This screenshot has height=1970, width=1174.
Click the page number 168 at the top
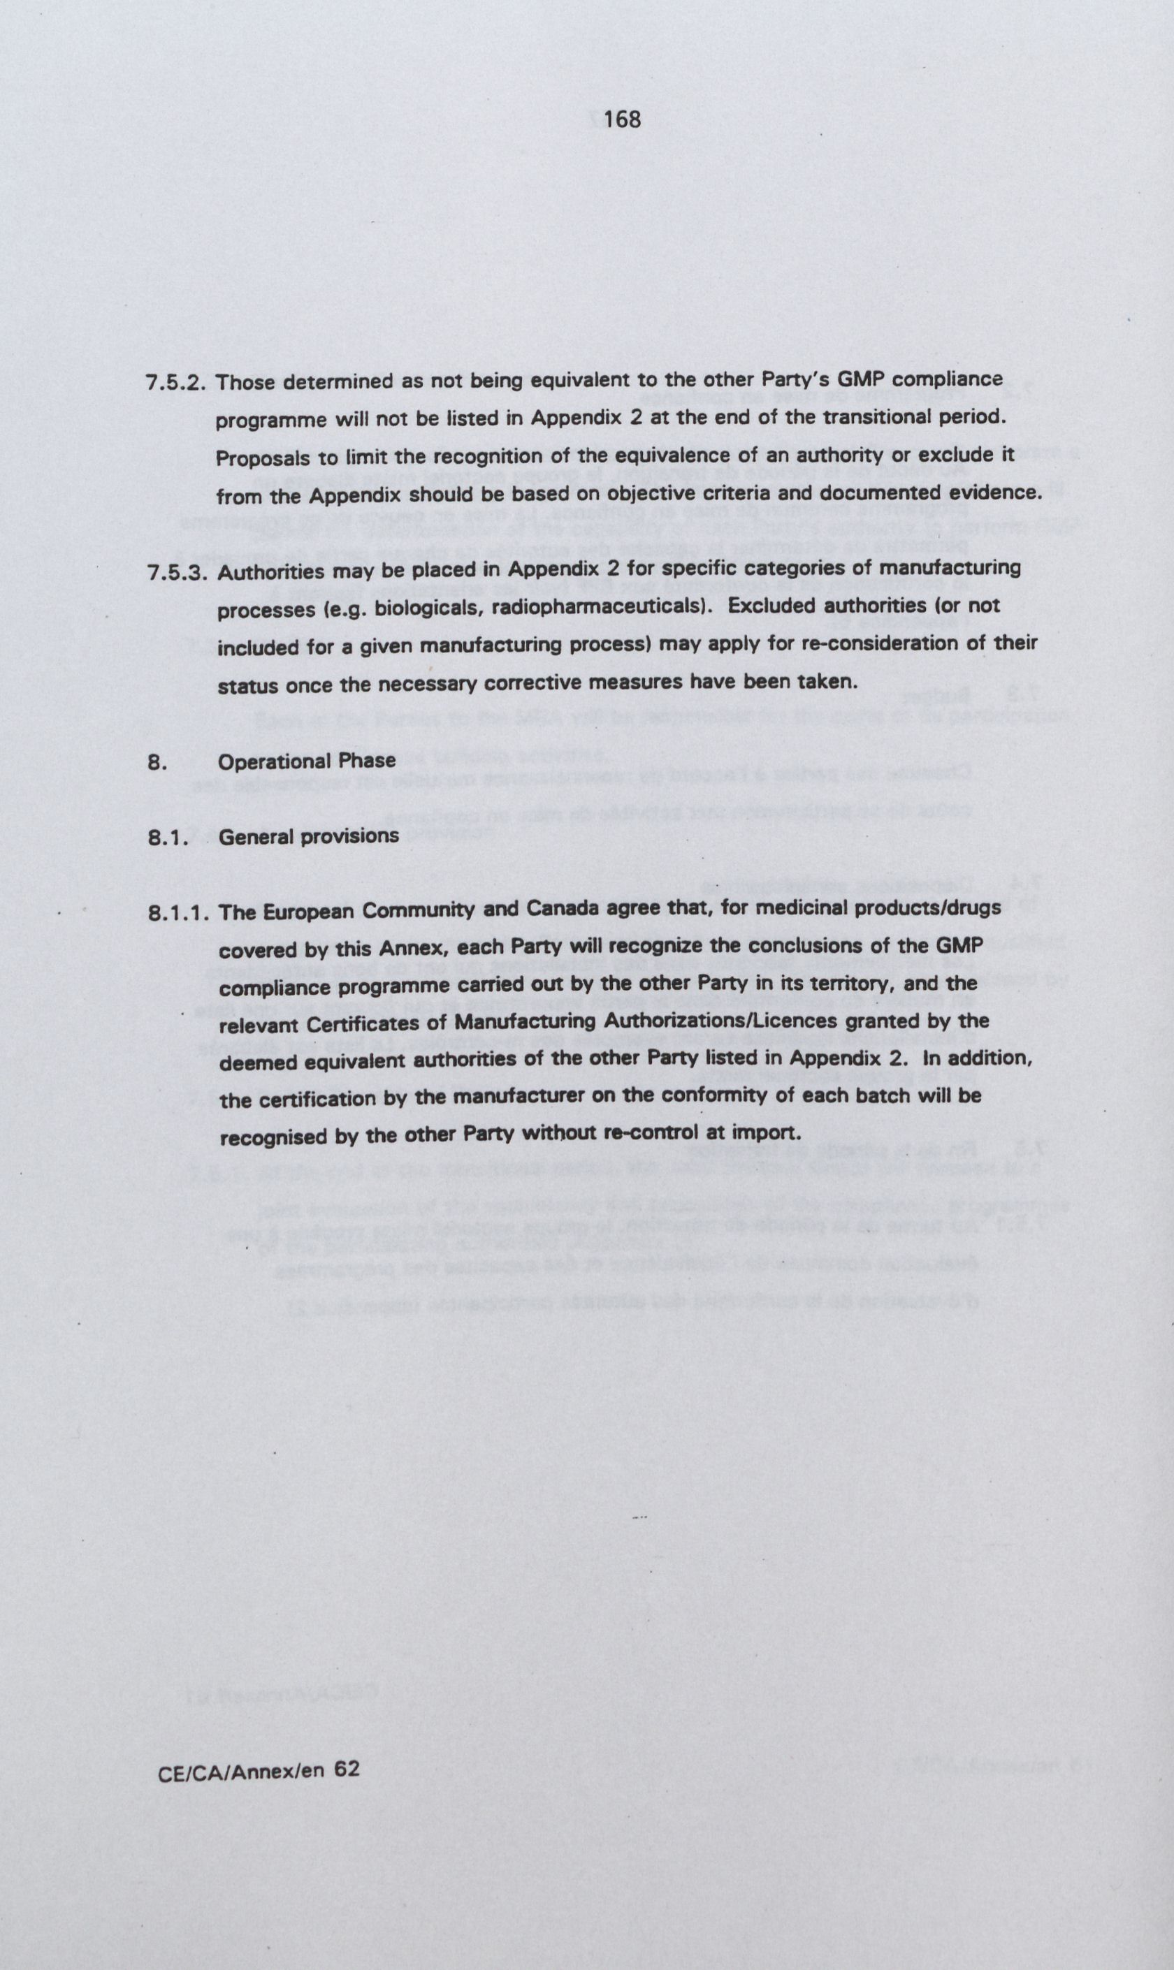point(621,120)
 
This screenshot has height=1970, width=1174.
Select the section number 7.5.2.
point(176,383)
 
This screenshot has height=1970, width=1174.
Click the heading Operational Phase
point(307,761)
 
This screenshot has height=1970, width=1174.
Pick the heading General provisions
point(309,836)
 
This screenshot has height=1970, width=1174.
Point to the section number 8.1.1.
point(178,914)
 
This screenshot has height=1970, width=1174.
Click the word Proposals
point(259,459)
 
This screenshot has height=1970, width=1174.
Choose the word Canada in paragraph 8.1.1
point(557,910)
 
